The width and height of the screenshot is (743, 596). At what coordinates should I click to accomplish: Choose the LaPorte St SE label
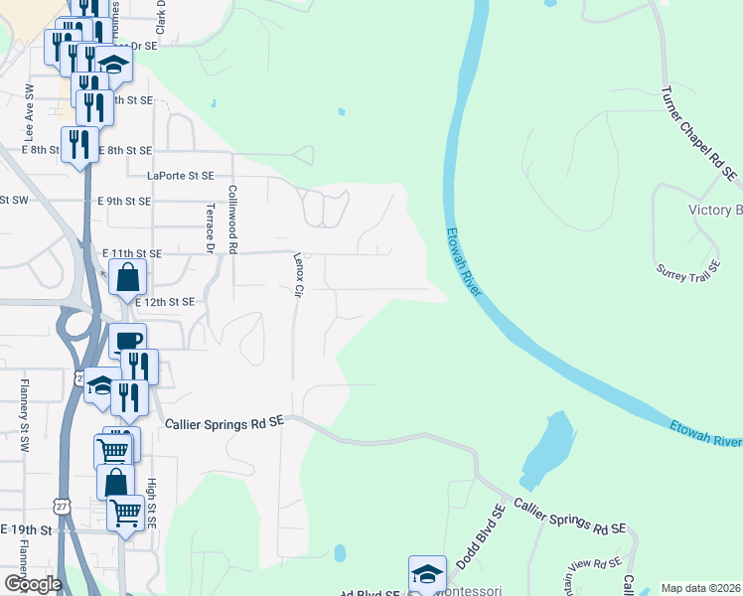click(180, 176)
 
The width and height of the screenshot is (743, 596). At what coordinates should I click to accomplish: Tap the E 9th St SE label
click(124, 201)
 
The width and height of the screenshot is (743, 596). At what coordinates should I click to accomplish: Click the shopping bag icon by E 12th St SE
click(128, 277)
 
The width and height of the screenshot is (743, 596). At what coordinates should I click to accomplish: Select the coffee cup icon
click(127, 341)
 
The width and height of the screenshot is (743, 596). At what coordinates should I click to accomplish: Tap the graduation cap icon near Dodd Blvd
click(427, 573)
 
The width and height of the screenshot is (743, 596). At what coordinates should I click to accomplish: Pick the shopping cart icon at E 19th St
click(125, 514)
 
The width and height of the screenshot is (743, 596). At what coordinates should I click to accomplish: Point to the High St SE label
click(152, 501)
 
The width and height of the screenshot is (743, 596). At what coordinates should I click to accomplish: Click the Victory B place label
click(715, 210)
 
